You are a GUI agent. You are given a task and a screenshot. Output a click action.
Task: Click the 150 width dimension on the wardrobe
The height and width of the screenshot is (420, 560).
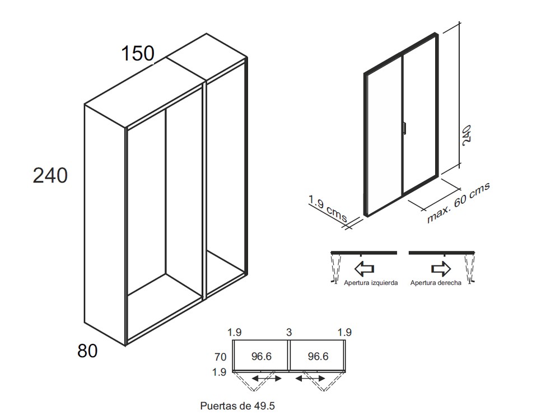[138, 54]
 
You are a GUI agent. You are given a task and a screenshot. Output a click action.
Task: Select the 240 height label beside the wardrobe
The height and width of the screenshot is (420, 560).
[50, 175]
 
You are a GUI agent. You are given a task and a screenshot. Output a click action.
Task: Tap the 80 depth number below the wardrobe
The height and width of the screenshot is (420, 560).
[87, 351]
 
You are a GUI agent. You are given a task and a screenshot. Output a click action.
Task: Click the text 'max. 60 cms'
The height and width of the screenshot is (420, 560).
[458, 203]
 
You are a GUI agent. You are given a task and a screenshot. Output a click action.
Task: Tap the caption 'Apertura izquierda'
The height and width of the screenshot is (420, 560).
[371, 283]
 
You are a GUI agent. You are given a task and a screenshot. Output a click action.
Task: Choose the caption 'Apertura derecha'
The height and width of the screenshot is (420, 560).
[436, 283]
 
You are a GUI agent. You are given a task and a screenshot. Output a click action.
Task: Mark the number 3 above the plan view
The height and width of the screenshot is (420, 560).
[288, 332]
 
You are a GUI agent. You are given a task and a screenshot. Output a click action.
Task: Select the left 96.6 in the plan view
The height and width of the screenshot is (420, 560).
[261, 357]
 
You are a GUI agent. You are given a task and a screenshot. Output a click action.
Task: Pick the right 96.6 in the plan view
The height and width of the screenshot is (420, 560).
[318, 357]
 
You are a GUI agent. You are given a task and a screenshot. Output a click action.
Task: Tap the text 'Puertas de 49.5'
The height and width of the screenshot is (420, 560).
[238, 406]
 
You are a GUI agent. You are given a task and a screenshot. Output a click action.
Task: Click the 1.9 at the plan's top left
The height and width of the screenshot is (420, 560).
[235, 332]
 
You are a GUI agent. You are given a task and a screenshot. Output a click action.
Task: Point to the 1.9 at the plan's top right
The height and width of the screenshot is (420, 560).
[345, 332]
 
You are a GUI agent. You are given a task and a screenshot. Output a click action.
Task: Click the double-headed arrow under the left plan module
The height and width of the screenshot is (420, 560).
[267, 379]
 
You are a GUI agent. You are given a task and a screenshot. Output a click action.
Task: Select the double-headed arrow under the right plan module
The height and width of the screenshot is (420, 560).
[311, 379]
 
